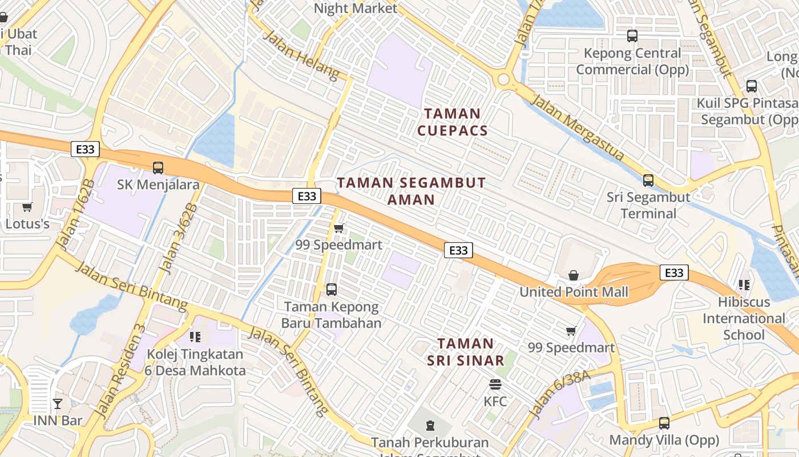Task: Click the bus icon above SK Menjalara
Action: coord(158,168)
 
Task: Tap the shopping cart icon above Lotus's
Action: coord(27,207)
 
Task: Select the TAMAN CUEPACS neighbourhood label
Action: coord(453,122)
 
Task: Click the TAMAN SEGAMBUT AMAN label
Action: coord(411,191)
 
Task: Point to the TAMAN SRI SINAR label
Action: coord(465,352)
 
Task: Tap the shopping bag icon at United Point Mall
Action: coord(574,276)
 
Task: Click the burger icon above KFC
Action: coord(495,384)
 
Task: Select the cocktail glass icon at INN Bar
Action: coord(58,404)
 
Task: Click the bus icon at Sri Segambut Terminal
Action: coord(648,181)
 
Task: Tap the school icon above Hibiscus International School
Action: coord(744,284)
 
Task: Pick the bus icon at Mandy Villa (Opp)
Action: coord(664,423)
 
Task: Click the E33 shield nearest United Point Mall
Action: coord(674,272)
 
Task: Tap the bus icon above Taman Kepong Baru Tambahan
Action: coord(332,290)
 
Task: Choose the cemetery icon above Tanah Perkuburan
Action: coord(430,425)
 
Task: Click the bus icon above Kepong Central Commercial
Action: coord(632,36)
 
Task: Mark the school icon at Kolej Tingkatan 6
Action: coord(195,337)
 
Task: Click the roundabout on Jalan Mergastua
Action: coord(503,79)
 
